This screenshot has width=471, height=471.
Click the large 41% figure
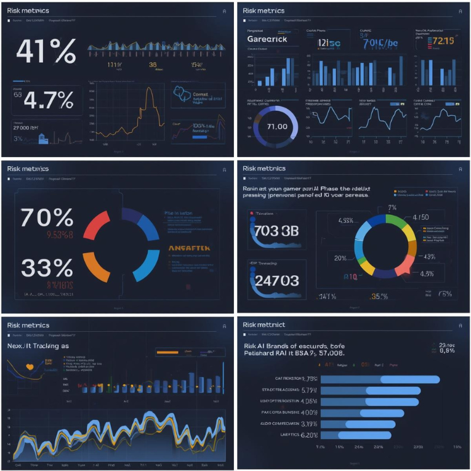point(46,52)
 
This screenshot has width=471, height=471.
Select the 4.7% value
point(52,99)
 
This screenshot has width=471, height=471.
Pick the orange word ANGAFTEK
point(190,248)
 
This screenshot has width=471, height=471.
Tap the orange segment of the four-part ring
point(97,268)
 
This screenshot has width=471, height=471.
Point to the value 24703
point(276,281)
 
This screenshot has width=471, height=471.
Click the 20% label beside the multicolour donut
point(340,258)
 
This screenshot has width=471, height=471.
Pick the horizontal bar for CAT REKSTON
point(379,379)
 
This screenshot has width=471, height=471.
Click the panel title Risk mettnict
point(263,324)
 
